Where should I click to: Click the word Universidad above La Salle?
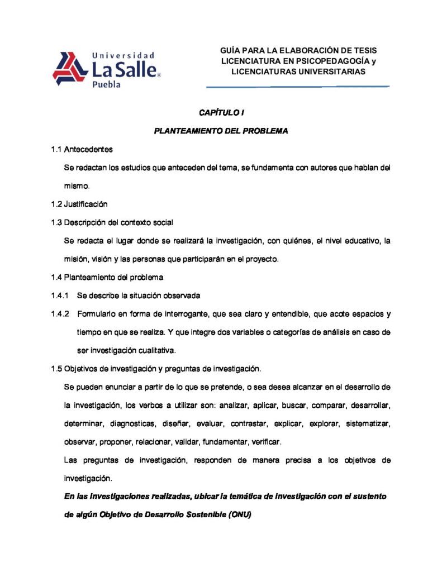tap(122, 55)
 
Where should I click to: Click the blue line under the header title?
tap(298, 87)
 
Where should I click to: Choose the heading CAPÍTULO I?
tap(221, 113)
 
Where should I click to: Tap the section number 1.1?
tap(56, 149)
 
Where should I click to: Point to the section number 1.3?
tap(56, 222)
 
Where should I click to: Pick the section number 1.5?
tap(56, 369)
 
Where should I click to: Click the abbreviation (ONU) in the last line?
tap(240, 514)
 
